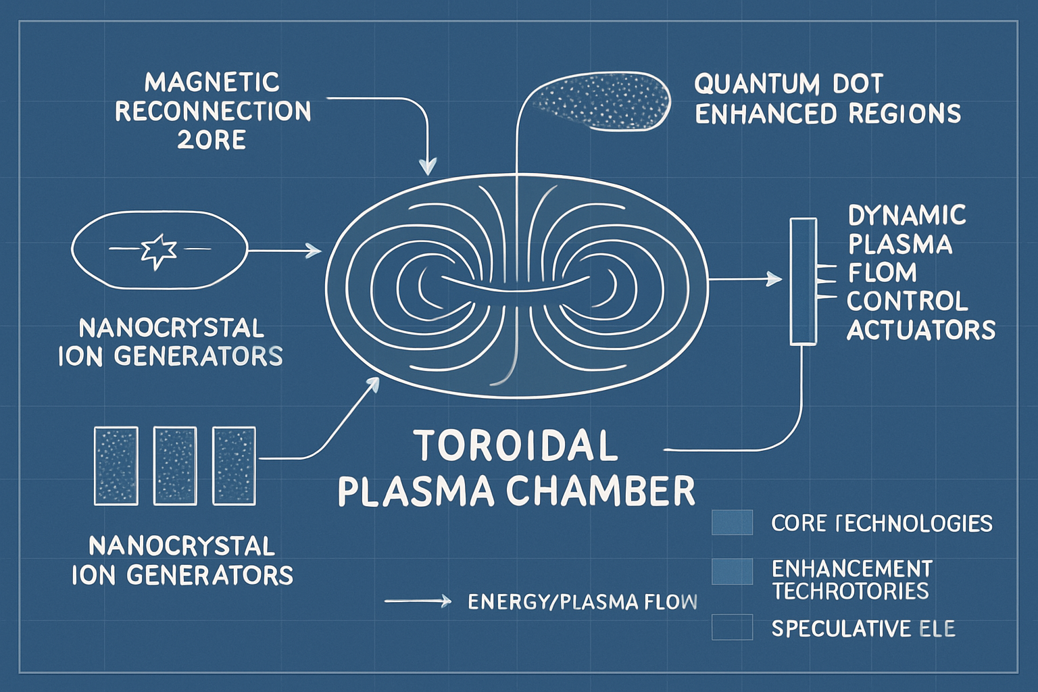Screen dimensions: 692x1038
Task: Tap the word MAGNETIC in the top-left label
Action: pos(212,82)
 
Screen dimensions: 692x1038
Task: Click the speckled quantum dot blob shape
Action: pos(601,101)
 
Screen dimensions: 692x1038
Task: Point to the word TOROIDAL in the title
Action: pos(516,446)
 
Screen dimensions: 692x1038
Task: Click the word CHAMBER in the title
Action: pos(601,491)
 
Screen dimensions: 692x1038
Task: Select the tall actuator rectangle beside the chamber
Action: pos(803,281)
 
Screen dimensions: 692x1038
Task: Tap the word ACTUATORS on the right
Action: pos(920,330)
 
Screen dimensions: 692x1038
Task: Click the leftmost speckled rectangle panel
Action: pos(116,466)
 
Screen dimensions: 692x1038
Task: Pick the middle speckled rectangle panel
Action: pos(175,466)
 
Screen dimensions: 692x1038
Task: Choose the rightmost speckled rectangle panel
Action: pos(234,466)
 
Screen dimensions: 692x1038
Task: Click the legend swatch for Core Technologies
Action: pos(732,522)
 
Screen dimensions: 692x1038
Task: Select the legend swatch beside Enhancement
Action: pos(732,572)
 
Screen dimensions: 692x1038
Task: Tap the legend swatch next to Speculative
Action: pos(732,626)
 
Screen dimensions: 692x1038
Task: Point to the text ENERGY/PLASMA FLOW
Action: pos(582,601)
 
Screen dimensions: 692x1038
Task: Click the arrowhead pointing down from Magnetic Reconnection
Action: pos(428,166)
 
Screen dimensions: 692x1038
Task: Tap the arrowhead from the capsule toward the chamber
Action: pos(314,251)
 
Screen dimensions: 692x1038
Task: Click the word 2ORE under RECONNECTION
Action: pos(211,140)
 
